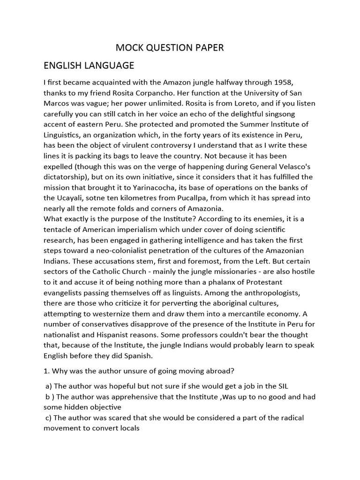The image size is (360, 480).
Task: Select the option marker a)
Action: point(48,386)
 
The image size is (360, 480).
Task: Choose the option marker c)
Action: point(48,418)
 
